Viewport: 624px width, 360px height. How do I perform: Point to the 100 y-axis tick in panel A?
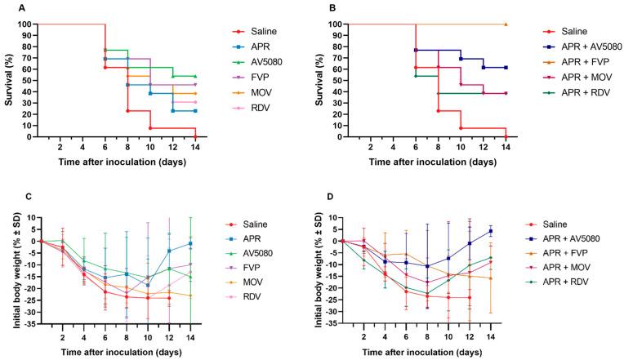coord(28,24)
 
